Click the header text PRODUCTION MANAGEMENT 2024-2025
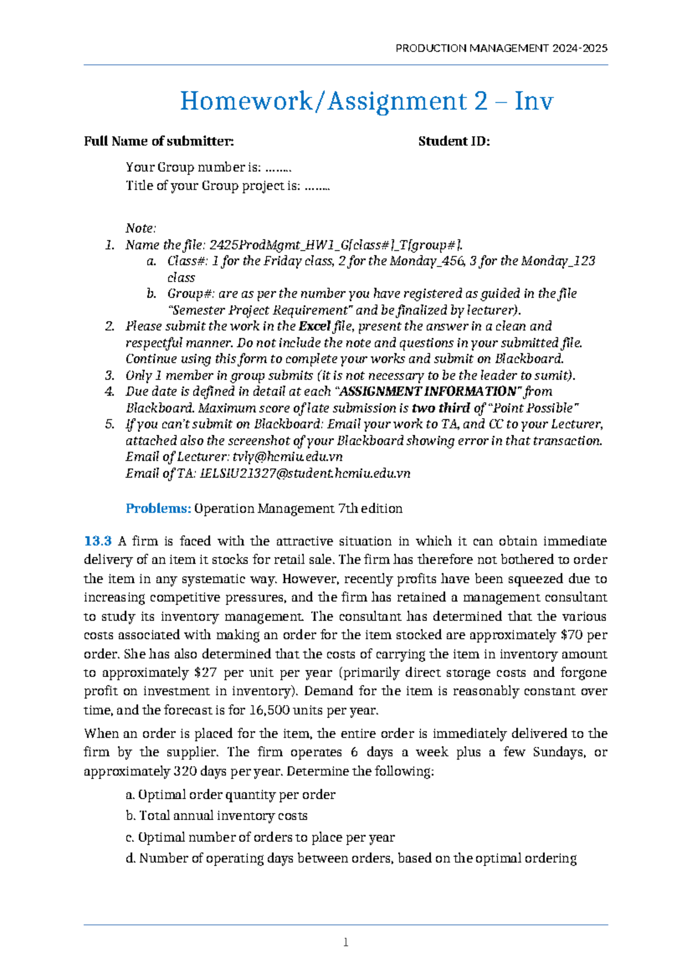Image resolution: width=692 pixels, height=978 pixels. tap(501, 48)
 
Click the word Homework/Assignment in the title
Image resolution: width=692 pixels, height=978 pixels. tap(324, 101)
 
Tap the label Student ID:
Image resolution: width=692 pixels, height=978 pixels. tap(454, 141)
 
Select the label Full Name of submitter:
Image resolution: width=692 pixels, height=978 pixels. tap(159, 141)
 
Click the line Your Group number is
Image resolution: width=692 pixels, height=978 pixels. tap(208, 167)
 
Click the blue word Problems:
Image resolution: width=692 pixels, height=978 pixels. tap(158, 509)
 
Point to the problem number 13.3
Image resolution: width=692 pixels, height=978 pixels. tap(97, 541)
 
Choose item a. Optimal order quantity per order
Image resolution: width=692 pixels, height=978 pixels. tap(230, 795)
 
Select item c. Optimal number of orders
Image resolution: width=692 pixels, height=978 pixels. tap(260, 837)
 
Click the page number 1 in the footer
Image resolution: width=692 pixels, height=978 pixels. tap(345, 943)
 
